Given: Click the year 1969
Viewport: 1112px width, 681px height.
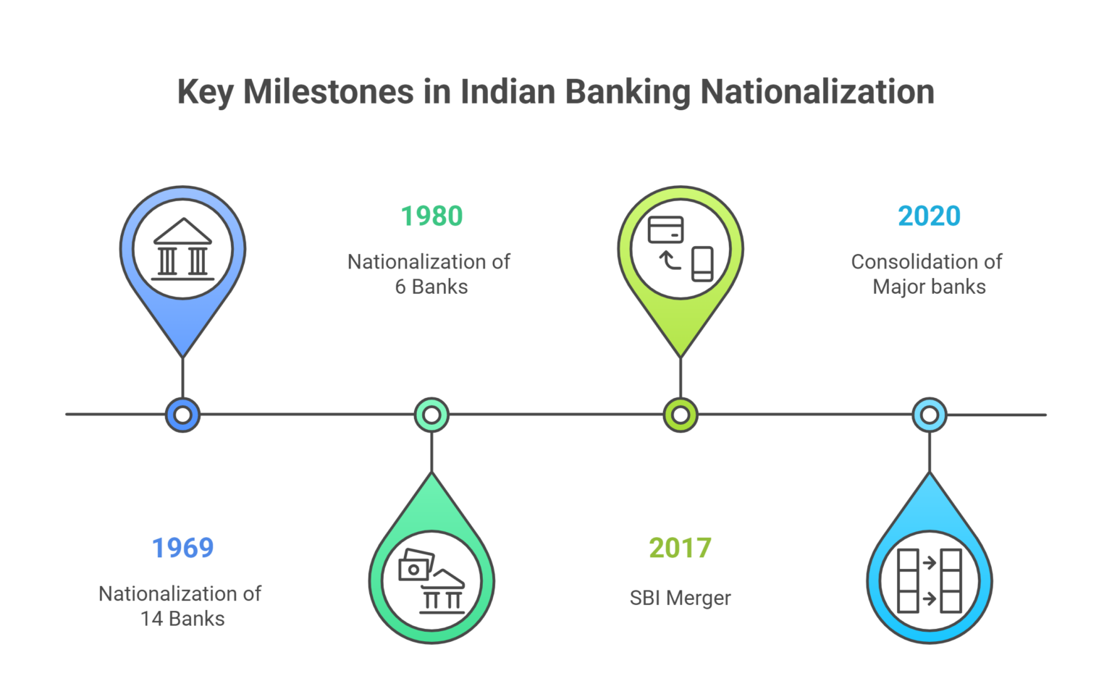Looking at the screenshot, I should click(x=182, y=548).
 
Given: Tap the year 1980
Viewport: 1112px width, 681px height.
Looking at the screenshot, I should click(x=431, y=216).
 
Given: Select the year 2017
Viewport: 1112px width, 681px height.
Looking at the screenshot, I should click(x=680, y=548).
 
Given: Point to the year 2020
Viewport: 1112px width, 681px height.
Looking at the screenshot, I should click(x=929, y=216).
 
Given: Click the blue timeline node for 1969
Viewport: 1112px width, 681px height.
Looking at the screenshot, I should click(x=182, y=415).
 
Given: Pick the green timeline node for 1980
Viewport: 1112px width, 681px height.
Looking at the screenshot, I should click(x=431, y=415).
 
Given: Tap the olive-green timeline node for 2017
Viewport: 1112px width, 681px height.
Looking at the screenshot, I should click(x=681, y=415).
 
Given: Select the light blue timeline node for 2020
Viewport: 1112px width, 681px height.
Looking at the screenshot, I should click(x=930, y=415).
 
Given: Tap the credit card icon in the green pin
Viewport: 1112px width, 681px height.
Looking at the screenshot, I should click(x=665, y=230).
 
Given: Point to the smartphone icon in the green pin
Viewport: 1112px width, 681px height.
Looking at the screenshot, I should click(x=702, y=263).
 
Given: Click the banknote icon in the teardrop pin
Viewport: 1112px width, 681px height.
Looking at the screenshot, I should click(x=416, y=565).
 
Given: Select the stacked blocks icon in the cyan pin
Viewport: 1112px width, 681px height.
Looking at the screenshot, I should click(x=930, y=580).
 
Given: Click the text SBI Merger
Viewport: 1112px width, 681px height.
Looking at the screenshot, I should click(x=680, y=598).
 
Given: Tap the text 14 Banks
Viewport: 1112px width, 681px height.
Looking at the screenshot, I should click(x=182, y=619).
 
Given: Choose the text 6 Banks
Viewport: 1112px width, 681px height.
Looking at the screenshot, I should click(x=431, y=287).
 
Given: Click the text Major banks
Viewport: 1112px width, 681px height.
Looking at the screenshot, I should click(x=929, y=287).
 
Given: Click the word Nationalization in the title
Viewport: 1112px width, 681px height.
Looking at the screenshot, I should click(x=817, y=93).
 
